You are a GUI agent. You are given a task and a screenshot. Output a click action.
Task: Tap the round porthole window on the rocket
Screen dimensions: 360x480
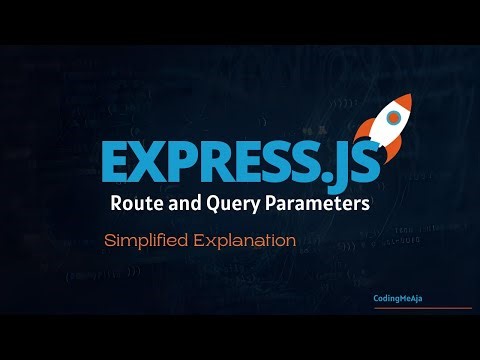pyautogui.click(x=393, y=119)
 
